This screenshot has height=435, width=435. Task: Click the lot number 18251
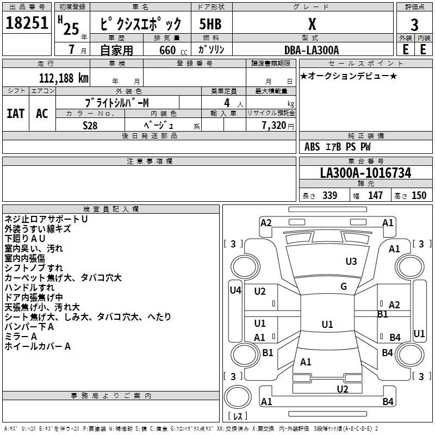click(27, 23)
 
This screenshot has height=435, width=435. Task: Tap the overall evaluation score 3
click(414, 24)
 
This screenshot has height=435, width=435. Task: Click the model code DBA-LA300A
click(312, 50)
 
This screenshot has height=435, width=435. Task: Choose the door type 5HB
click(210, 24)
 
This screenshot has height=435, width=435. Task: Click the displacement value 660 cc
click(166, 50)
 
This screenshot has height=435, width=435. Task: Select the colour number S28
click(90, 125)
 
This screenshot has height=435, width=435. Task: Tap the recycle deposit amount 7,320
click(274, 125)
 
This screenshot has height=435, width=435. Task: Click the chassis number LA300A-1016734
click(365, 173)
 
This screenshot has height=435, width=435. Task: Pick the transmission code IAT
click(15, 113)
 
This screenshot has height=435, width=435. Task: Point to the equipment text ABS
click(312, 146)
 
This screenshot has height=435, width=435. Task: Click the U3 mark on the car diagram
click(351, 262)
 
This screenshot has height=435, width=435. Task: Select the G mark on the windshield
click(344, 287)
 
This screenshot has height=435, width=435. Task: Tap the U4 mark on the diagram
click(235, 290)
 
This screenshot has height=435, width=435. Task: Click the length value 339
click(330, 195)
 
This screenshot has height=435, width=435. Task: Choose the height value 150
click(419, 195)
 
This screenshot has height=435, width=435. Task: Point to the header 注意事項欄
click(149, 161)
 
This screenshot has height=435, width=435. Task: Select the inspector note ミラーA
click(21, 336)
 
